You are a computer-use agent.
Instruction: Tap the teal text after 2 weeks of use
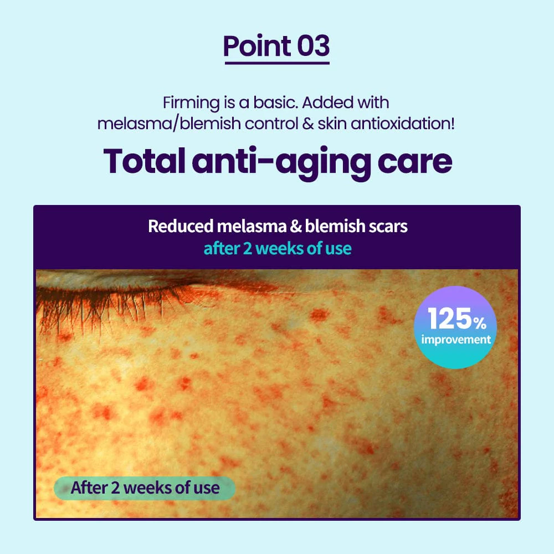[277, 248]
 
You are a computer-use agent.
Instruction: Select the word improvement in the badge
[456, 339]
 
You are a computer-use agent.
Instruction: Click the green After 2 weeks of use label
[145, 488]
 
